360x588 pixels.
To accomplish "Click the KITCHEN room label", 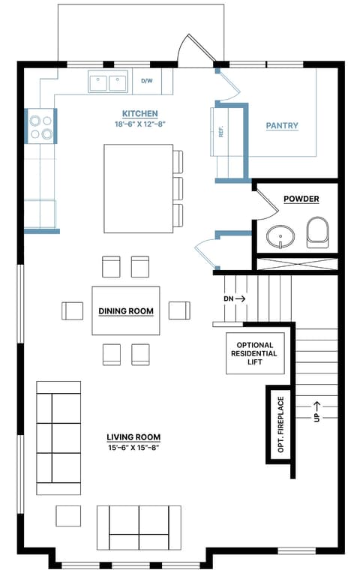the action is click(x=139, y=114).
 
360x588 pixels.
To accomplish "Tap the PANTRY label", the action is click(x=282, y=126).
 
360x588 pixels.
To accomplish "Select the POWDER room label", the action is click(x=301, y=199).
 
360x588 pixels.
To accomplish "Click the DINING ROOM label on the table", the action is click(x=126, y=310).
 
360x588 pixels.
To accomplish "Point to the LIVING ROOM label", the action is click(x=133, y=436).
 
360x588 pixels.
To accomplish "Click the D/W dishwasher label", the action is click(x=147, y=81).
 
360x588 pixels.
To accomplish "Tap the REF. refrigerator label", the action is click(x=220, y=130).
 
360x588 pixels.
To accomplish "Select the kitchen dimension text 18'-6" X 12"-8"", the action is click(x=139, y=124).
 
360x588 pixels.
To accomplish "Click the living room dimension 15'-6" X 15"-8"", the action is click(x=133, y=447).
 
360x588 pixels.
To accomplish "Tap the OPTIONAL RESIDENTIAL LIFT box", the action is click(x=255, y=353).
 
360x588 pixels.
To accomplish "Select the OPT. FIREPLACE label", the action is click(x=280, y=424).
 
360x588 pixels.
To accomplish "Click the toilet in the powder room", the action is click(x=318, y=232).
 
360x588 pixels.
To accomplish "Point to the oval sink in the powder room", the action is click(x=280, y=236).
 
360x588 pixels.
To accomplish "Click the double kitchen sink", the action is click(x=108, y=81).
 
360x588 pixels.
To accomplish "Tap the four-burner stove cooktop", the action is click(x=40, y=126).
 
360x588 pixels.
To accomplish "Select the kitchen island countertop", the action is click(x=138, y=188).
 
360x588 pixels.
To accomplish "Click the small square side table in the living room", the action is click(x=68, y=516).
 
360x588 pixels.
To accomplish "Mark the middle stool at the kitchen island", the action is click(x=178, y=189).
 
